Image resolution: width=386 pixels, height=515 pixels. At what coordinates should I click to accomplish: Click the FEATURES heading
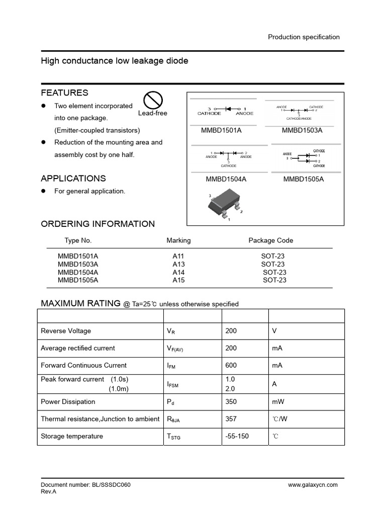tap(64, 93)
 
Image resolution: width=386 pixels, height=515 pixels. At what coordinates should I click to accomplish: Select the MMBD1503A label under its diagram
tap(302, 131)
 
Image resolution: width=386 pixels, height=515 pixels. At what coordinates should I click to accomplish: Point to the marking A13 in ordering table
tap(178, 264)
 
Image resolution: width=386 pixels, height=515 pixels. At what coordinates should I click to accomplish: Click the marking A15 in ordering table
tap(178, 280)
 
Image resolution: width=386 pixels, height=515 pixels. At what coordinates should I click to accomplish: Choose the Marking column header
tap(178, 240)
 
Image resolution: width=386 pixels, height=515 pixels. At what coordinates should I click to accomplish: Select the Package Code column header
tap(271, 240)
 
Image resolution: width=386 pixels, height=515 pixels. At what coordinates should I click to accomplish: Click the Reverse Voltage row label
tap(66, 331)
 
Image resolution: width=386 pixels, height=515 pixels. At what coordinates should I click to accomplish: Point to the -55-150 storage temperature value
tap(237, 436)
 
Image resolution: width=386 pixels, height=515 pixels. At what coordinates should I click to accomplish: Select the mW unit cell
tap(277, 402)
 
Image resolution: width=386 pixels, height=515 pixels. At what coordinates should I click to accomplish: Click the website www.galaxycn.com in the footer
tap(313, 485)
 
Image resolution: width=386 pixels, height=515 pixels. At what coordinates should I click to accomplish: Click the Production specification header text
tap(304, 37)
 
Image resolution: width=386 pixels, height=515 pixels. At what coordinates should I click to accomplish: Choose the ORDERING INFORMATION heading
tap(98, 224)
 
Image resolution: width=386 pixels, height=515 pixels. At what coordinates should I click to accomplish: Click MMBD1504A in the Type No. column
tap(78, 272)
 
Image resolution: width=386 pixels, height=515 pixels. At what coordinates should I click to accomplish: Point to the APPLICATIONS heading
tap(73, 179)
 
